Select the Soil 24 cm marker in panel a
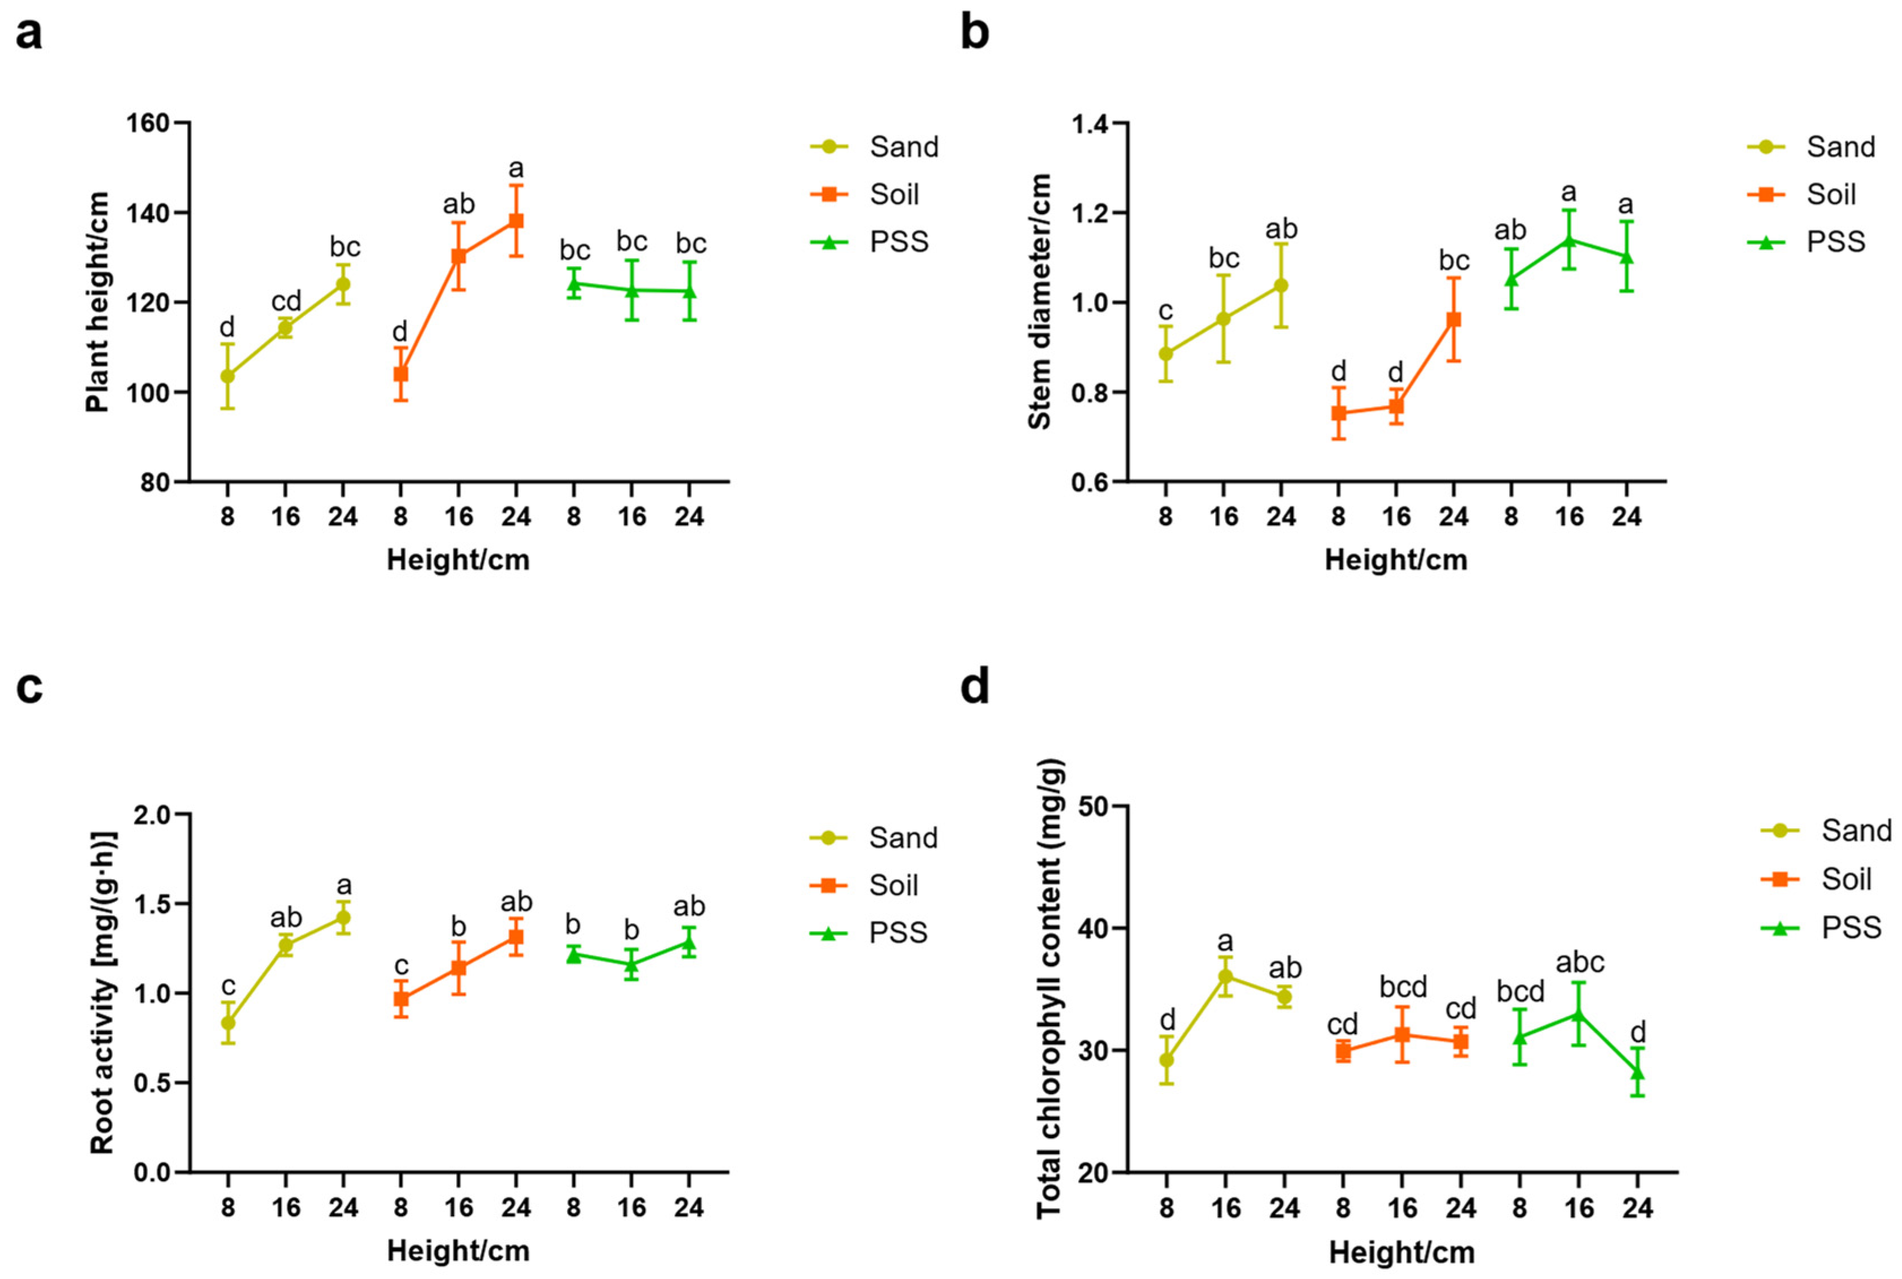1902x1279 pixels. [x=516, y=221]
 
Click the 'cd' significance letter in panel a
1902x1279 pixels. [x=286, y=301]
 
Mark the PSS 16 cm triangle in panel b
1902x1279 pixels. [x=1568, y=240]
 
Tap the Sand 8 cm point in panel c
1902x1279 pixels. [x=228, y=1023]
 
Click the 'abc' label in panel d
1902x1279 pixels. [x=1579, y=962]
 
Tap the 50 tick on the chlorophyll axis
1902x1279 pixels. [x=1095, y=806]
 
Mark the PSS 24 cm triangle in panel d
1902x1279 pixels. [x=1636, y=1072]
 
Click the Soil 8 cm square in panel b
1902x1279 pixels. [x=1338, y=413]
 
